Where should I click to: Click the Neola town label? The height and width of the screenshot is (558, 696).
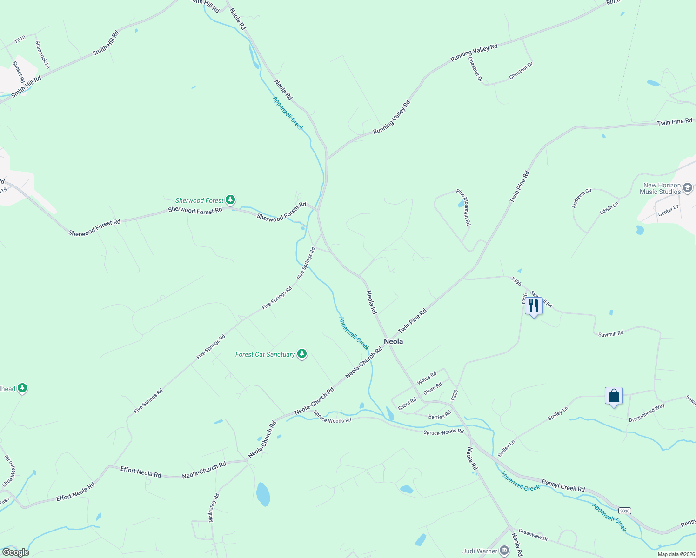[x=393, y=341]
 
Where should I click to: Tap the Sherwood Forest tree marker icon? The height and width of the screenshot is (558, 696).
[x=230, y=200]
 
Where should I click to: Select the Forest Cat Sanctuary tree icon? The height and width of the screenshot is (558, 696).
[x=302, y=354]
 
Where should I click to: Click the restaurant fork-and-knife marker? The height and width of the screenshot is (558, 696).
[x=534, y=306]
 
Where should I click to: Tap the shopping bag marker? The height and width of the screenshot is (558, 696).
[x=614, y=396]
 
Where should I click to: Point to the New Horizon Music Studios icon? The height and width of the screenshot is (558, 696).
[x=688, y=188]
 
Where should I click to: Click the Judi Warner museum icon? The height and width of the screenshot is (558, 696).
[x=504, y=551]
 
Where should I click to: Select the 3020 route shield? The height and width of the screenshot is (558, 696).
[x=625, y=511]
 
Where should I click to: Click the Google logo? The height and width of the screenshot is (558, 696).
[x=15, y=552]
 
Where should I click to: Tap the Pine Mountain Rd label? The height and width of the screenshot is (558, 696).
[x=463, y=207]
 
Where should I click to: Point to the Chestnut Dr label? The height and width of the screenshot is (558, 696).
[x=521, y=71]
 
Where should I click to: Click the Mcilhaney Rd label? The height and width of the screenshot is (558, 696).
[x=213, y=508]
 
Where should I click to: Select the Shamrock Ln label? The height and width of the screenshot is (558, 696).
[x=42, y=54]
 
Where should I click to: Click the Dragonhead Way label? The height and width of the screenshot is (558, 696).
[x=647, y=412]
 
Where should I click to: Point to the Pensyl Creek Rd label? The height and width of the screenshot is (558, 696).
[x=563, y=486]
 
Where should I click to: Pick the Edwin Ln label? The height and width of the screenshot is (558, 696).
[x=609, y=208]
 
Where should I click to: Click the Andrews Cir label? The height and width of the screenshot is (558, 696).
[x=582, y=198]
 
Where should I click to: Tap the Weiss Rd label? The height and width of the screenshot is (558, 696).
[x=427, y=378]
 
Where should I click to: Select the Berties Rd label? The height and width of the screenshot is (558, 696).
[x=440, y=415]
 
